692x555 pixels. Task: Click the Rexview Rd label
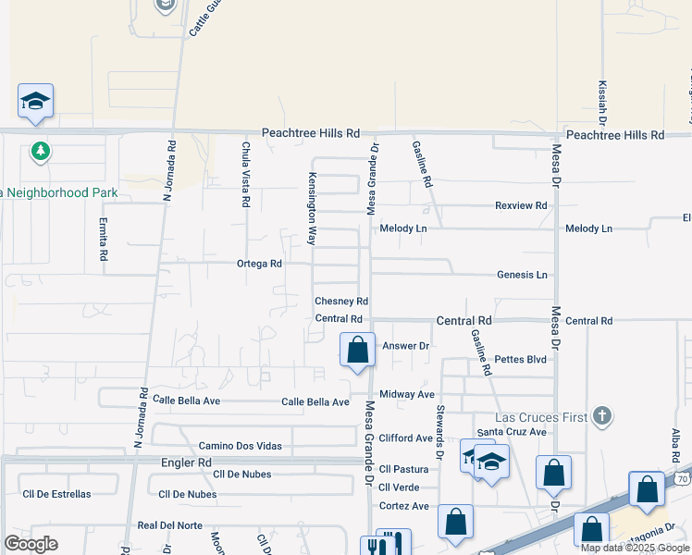click(521, 205)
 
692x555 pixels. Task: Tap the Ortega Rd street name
click(259, 264)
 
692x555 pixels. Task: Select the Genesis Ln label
click(522, 275)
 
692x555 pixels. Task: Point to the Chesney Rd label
click(341, 302)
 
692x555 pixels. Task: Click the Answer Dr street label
click(406, 346)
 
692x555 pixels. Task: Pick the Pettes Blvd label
click(520, 359)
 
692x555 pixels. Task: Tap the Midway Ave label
click(407, 394)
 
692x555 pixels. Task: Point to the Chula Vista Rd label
click(245, 174)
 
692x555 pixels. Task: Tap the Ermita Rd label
click(104, 239)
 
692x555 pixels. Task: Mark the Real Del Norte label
click(169, 525)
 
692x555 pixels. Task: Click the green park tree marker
click(40, 151)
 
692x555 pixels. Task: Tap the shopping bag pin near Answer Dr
click(357, 351)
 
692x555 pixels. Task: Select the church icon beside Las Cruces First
click(602, 415)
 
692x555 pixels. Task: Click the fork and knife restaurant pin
click(385, 546)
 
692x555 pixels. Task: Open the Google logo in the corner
click(31, 544)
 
